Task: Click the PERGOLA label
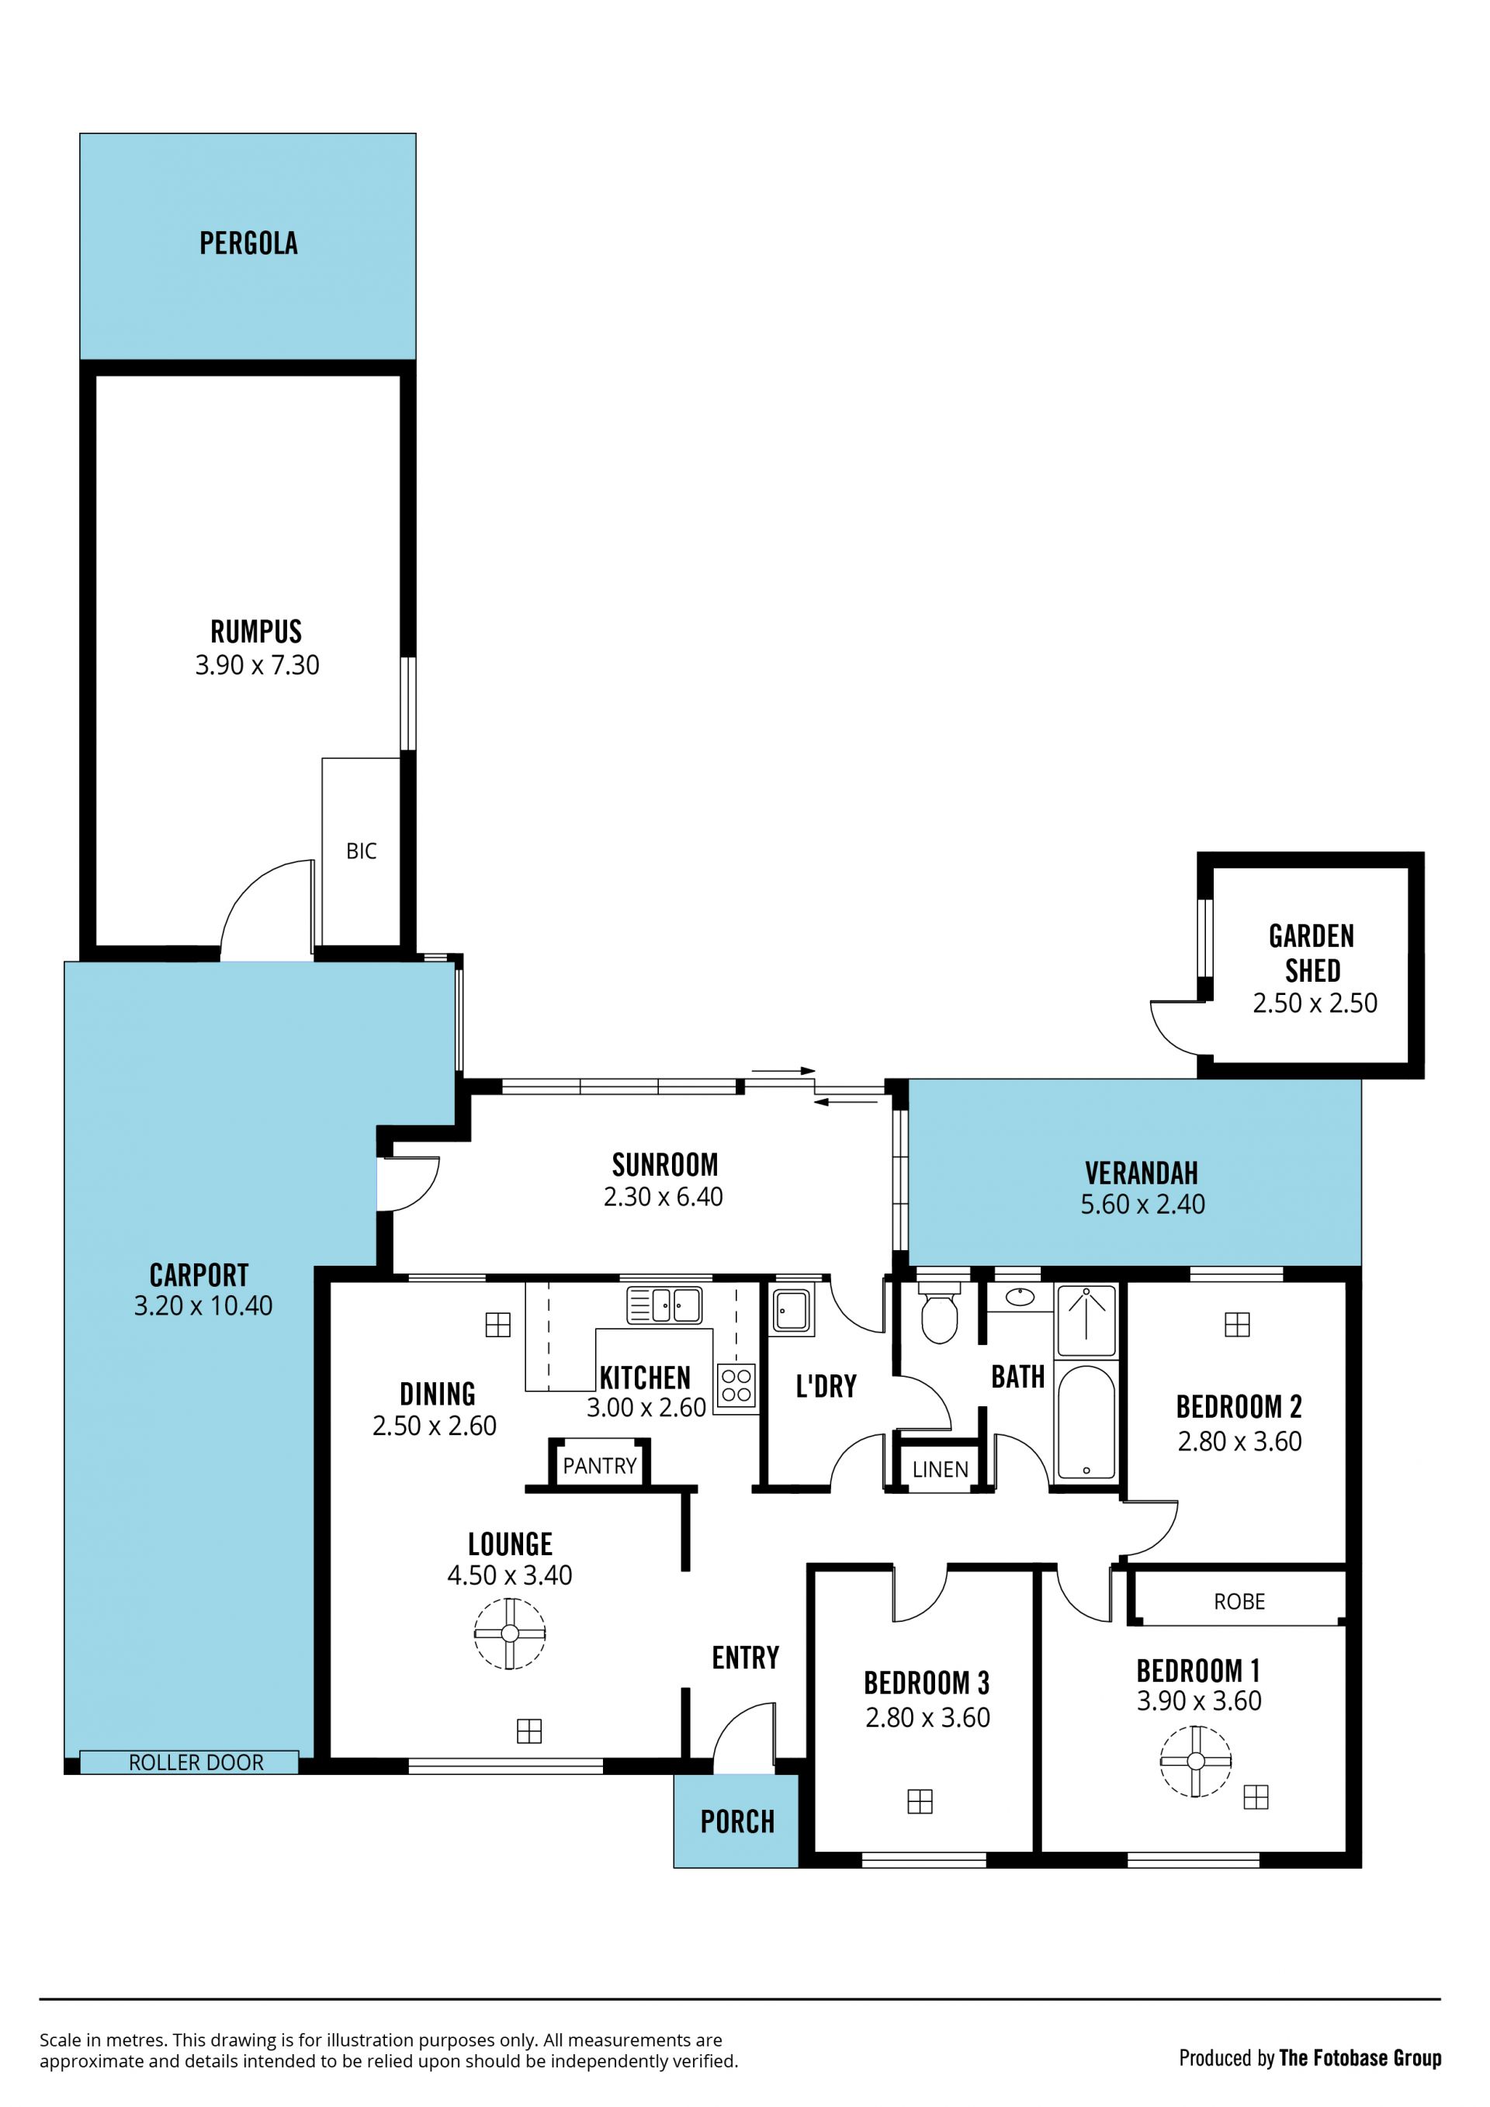click(x=248, y=243)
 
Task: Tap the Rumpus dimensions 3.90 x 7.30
click(x=257, y=665)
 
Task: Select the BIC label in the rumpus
click(x=362, y=851)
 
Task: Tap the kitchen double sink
click(x=665, y=1305)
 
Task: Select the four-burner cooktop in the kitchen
click(x=736, y=1386)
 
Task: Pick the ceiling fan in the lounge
click(x=510, y=1634)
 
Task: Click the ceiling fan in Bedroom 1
click(x=1195, y=1761)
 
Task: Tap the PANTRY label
click(x=600, y=1465)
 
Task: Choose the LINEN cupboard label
click(x=941, y=1469)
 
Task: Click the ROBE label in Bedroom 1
click(x=1239, y=1601)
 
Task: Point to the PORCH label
click(x=738, y=1821)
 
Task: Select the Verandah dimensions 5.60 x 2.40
click(x=1143, y=1204)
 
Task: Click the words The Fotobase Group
click(x=1360, y=2058)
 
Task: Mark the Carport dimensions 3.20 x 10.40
click(x=203, y=1306)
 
